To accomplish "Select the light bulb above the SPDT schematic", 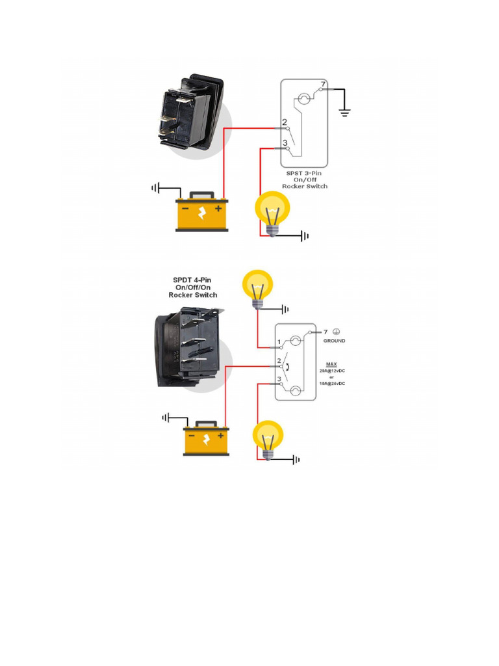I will click(x=258, y=289).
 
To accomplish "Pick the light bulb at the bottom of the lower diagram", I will click(x=268, y=439).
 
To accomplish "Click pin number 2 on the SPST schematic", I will click(x=285, y=122).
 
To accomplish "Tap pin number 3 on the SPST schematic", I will click(x=285, y=143).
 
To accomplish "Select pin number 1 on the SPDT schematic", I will click(x=279, y=341).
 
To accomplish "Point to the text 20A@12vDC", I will click(x=332, y=370).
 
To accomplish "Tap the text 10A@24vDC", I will click(x=332, y=384).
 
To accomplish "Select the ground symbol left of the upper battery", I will click(x=155, y=189).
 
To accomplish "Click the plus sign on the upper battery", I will click(x=218, y=209).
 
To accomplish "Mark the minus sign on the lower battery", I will click(x=192, y=436).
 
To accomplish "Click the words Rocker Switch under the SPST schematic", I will click(x=305, y=187).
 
